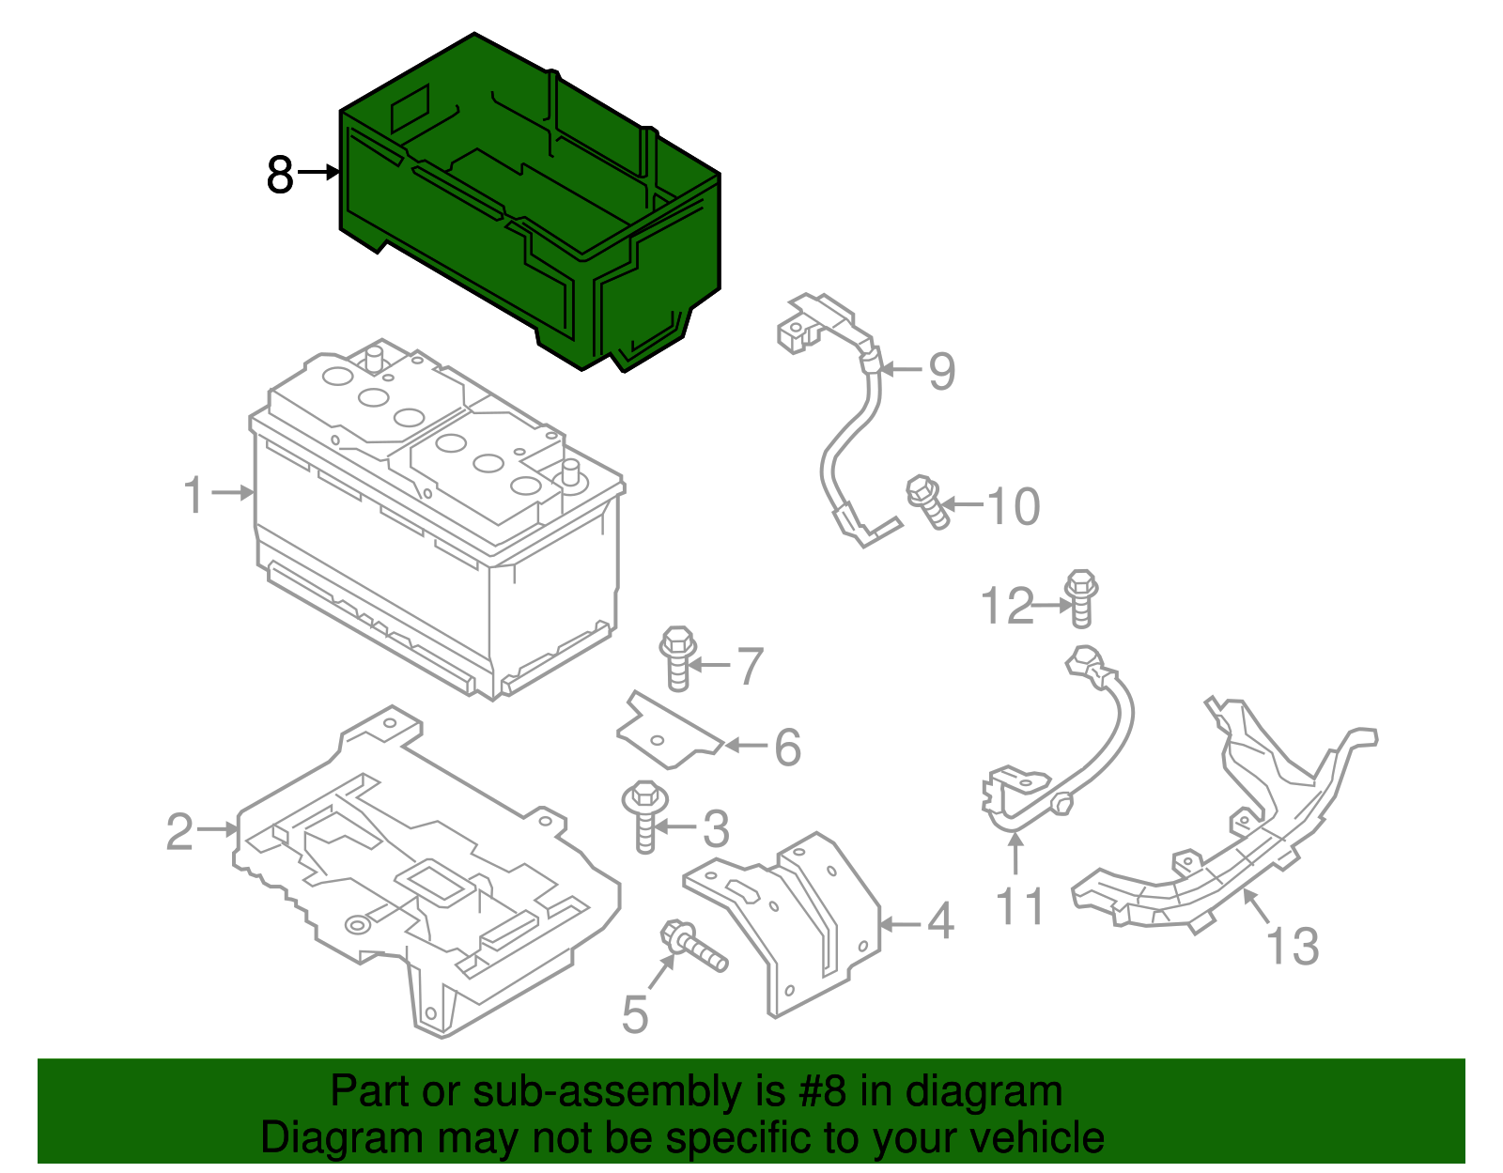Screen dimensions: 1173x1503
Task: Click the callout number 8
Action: click(x=280, y=175)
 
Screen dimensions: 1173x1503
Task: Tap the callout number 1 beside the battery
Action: click(x=194, y=495)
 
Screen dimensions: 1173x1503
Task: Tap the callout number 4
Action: click(x=940, y=921)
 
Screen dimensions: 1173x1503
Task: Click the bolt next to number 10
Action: click(x=928, y=502)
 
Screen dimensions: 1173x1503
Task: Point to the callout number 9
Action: click(x=941, y=371)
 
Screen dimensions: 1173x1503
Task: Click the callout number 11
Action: click(x=1019, y=907)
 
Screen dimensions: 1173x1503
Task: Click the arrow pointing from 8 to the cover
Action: click(x=318, y=172)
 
